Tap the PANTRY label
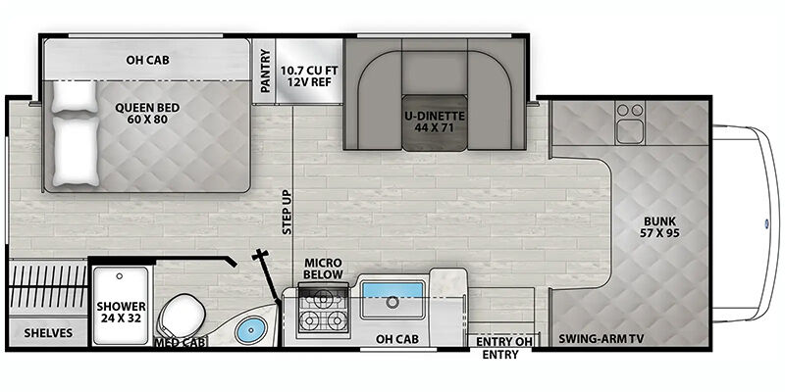coord(265,71)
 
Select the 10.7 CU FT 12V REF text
coord(308,75)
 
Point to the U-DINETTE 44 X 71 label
coord(435,122)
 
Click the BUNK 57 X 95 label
coord(659,226)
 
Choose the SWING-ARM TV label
coord(601,339)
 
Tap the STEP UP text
coord(287,212)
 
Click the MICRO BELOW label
coord(324,269)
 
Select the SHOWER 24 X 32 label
coord(121,312)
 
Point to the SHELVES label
coord(48,333)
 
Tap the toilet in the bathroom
coord(182,316)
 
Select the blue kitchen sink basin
coord(392,290)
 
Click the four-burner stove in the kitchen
coord(324,310)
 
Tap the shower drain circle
coord(119,275)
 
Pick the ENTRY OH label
coord(504,342)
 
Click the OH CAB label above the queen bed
coord(147,60)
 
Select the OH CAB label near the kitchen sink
coord(397,339)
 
